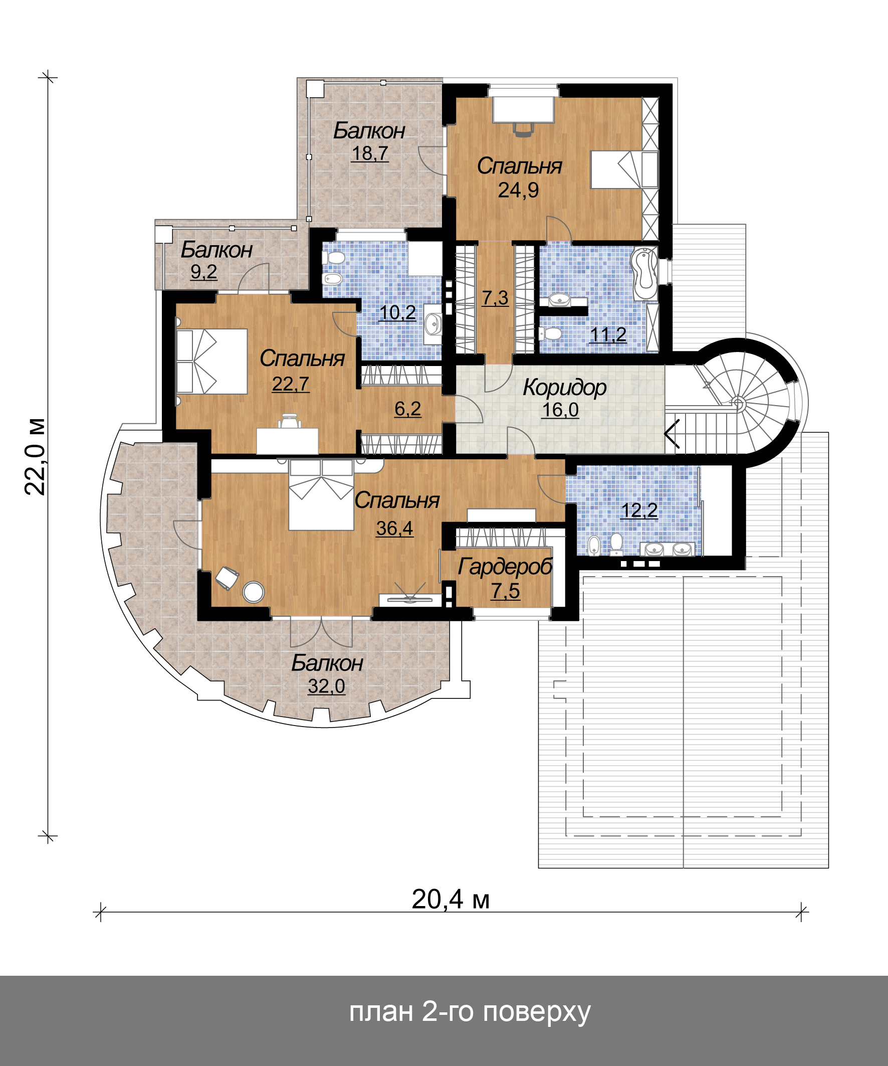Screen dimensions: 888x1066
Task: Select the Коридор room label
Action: point(564,388)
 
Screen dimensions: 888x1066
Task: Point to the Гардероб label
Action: point(505,567)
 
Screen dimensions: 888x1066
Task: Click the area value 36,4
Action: point(394,528)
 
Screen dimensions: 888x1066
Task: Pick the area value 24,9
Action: point(518,190)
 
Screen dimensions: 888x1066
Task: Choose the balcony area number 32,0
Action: point(326,686)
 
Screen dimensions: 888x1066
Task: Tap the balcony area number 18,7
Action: point(370,153)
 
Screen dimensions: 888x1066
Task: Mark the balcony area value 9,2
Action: point(203,272)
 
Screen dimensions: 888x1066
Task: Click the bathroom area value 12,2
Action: point(639,510)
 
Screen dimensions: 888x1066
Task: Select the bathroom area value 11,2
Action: point(608,334)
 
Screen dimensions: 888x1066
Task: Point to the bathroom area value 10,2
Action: point(397,313)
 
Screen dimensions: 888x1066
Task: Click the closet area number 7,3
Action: point(495,297)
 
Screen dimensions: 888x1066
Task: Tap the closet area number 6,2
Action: point(407,409)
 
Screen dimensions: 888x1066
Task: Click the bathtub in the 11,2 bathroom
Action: point(643,273)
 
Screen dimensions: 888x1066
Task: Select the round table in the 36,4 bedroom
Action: point(253,592)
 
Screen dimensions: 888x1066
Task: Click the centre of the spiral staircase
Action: point(738,404)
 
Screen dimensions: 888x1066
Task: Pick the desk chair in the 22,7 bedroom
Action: point(289,421)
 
